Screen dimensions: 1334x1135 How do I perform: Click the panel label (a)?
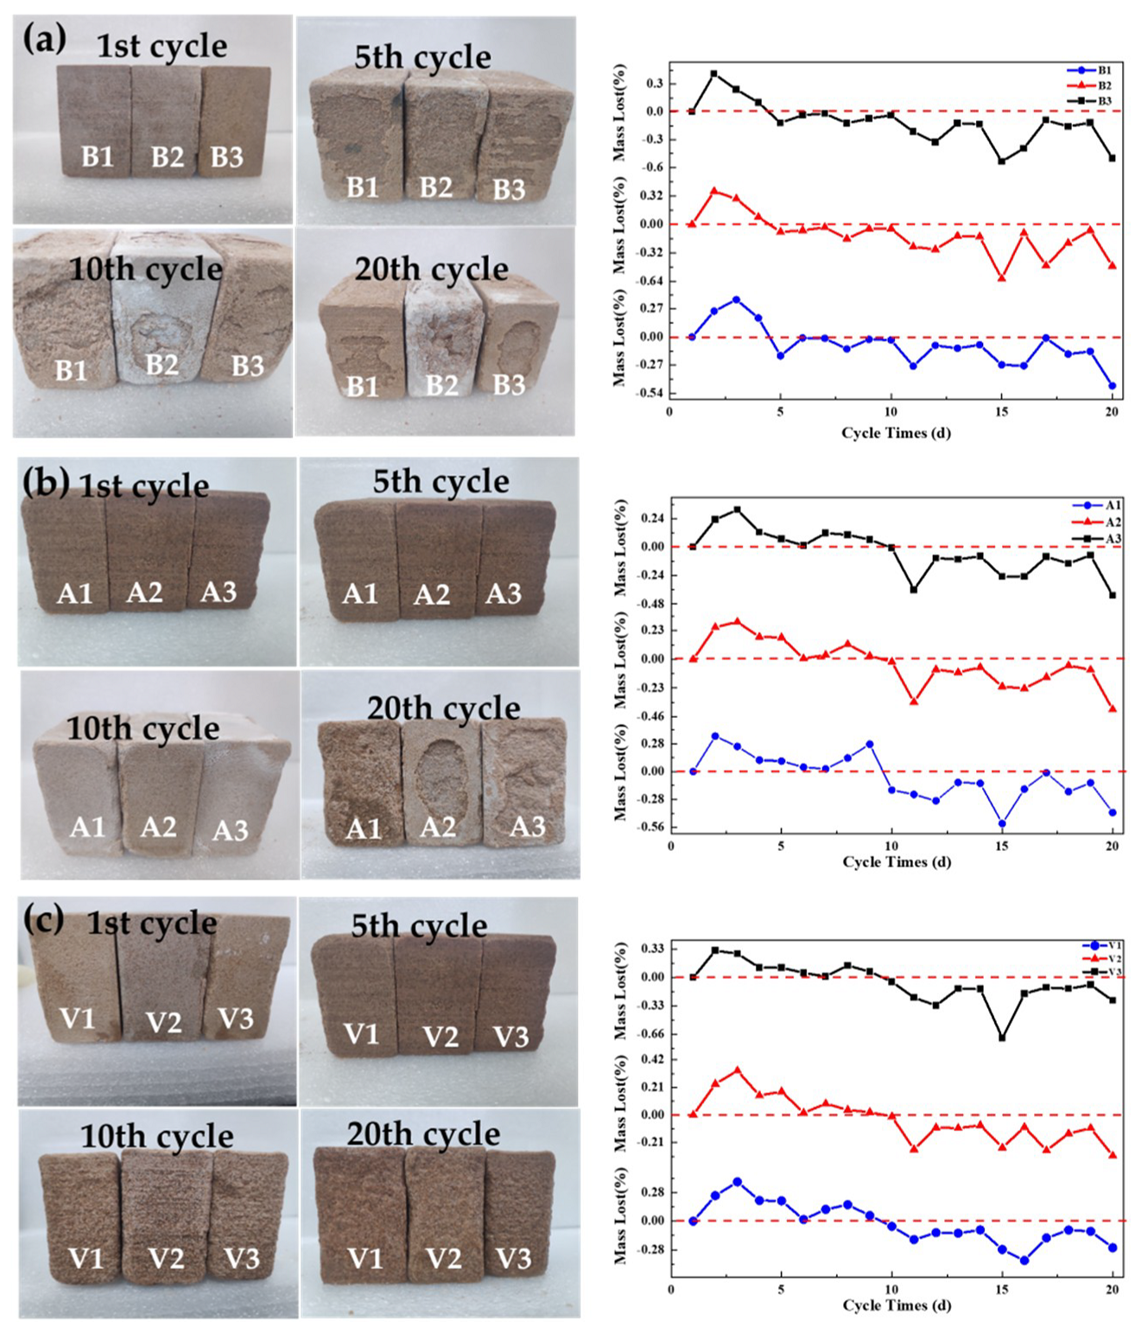44,40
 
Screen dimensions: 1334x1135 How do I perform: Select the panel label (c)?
43,920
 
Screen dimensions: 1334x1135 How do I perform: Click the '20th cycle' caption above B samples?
431,270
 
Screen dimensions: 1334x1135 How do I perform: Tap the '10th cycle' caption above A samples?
143,728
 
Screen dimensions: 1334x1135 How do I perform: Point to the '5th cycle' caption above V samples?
419,926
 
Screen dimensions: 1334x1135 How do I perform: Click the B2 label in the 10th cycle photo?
162,365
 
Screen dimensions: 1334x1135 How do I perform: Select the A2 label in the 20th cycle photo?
437,827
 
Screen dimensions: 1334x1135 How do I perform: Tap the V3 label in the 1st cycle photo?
235,1019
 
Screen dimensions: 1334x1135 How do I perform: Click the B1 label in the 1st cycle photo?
98,157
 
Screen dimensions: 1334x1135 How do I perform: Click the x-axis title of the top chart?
896,432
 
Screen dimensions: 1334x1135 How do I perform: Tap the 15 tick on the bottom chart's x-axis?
1002,1289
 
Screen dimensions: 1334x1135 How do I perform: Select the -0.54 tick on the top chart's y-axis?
649,393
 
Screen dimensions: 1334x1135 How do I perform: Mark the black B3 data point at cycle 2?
714,74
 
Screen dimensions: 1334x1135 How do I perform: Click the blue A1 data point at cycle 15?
1002,823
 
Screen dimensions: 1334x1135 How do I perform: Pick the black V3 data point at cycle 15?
1002,1038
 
